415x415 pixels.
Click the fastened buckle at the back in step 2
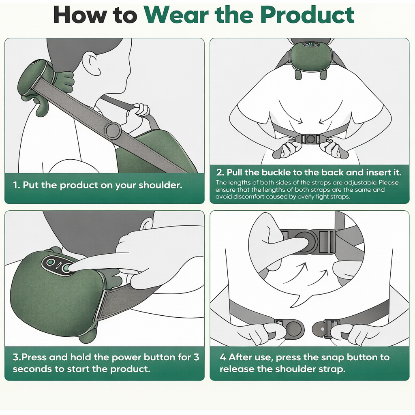[310, 139]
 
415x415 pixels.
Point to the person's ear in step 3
[147, 223]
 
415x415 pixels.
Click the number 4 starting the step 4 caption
[222, 357]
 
